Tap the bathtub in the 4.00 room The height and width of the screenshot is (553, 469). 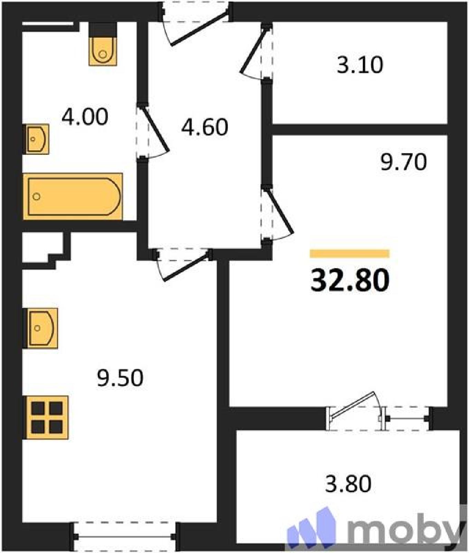coord(73,196)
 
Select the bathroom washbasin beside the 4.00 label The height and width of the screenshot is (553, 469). coord(36,139)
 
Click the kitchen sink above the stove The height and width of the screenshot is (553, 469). coord(40,328)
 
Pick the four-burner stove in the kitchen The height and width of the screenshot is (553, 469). coord(45,418)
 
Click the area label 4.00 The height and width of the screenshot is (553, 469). coord(85,116)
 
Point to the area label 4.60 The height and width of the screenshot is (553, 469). coord(205,127)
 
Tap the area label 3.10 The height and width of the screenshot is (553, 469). coord(360,65)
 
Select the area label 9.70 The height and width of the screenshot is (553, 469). coord(403,162)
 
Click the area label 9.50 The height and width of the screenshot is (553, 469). coord(120,378)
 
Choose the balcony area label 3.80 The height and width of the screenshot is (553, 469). coord(348,484)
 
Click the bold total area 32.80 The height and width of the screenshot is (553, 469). coord(350,280)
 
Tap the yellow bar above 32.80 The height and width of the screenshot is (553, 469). coord(349,254)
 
